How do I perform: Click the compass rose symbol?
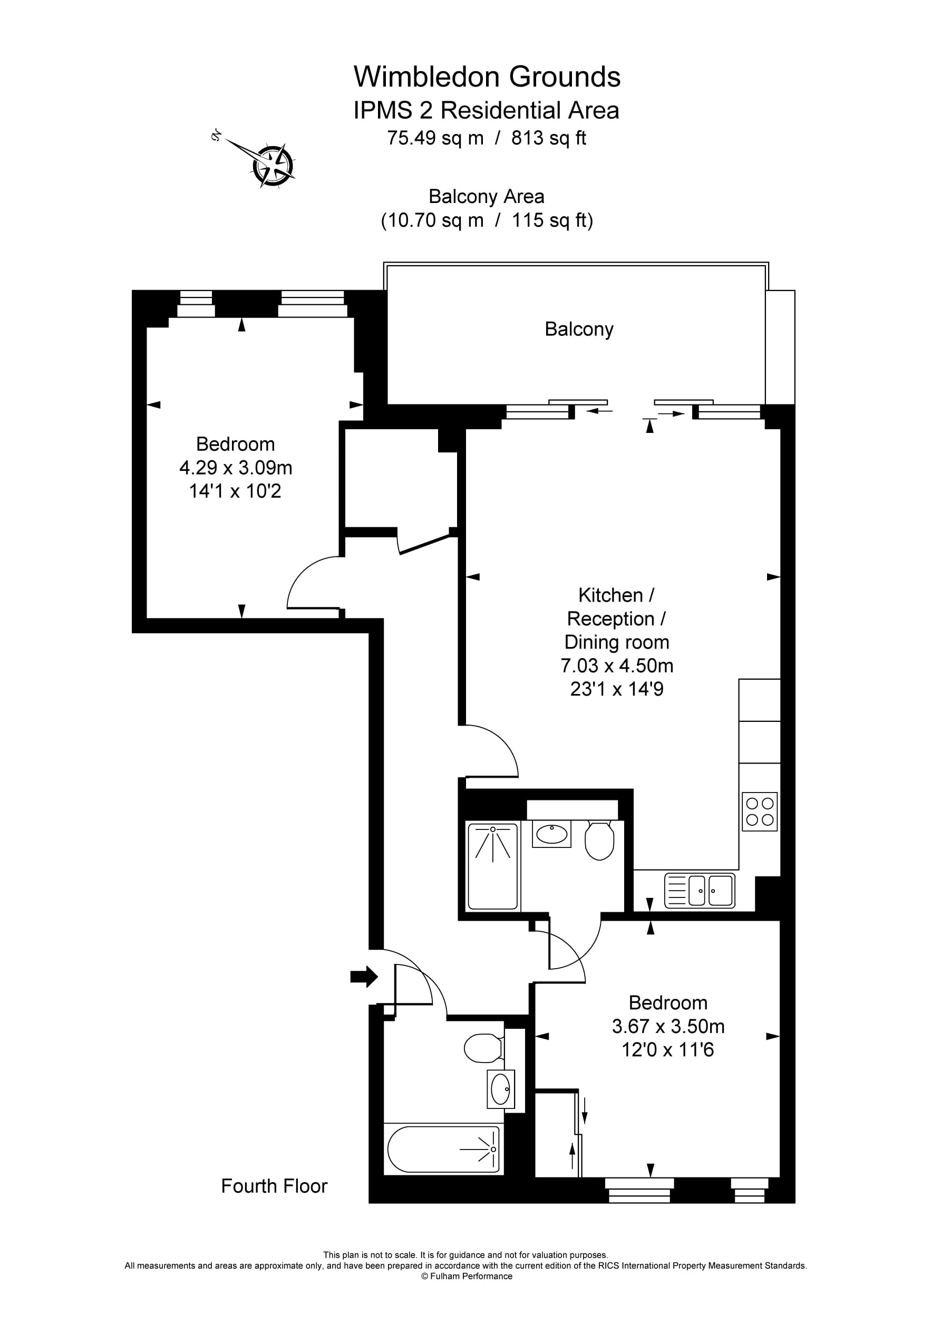[273, 166]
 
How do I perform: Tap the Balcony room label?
[578, 329]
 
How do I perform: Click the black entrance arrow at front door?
[364, 977]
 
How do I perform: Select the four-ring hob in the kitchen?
[760, 812]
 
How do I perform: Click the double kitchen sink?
[700, 891]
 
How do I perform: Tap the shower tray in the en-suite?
[492, 866]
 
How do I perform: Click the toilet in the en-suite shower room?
[599, 840]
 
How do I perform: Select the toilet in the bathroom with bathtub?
[483, 1048]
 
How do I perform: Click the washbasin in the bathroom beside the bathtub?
[501, 1089]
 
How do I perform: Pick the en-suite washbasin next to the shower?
[552, 834]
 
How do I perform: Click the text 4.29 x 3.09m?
[236, 468]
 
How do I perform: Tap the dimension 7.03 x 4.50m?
[617, 665]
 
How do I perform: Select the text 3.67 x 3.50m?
[668, 1026]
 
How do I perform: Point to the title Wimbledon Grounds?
[487, 76]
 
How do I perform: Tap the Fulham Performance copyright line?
[467, 1276]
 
